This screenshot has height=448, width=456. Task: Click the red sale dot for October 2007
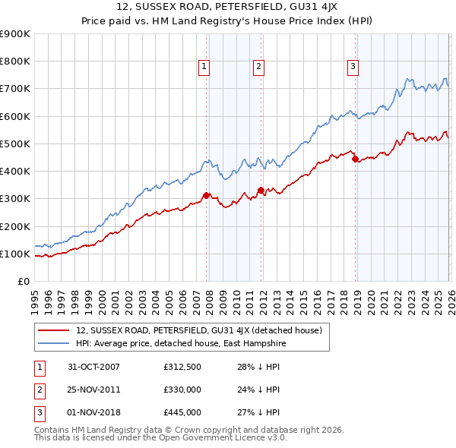coord(207,196)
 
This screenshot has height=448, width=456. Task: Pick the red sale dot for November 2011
coord(261,191)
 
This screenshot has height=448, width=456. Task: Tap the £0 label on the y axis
coord(23,281)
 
